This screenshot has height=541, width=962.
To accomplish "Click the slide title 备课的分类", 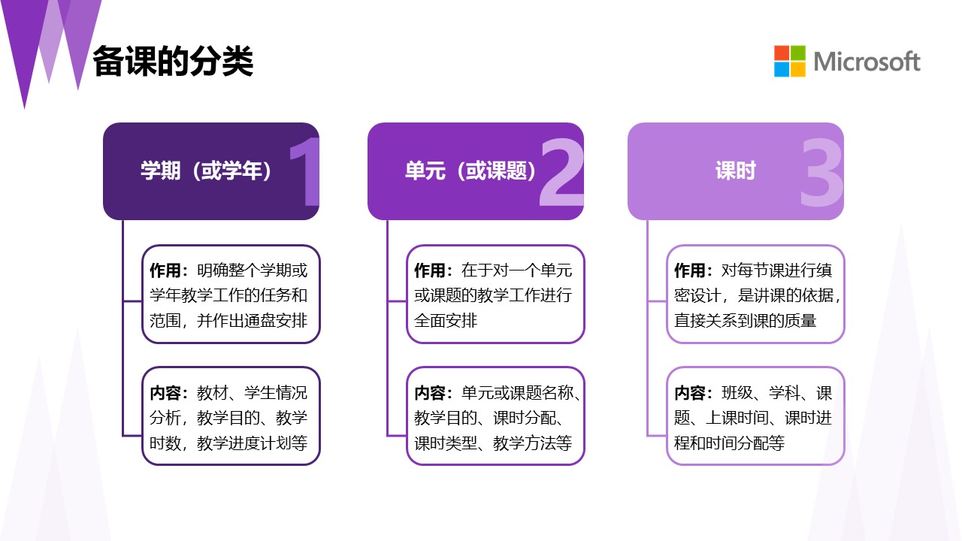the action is [173, 62].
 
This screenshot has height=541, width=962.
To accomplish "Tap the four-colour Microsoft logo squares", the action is [790, 61].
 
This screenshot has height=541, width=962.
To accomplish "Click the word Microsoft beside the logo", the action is [867, 62].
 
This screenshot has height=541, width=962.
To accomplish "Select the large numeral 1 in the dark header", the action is [305, 172].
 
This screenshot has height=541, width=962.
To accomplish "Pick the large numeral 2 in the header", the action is [561, 172].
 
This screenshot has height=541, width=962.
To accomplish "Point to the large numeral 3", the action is [822, 172].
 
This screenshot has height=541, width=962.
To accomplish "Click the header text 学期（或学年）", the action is [206, 171].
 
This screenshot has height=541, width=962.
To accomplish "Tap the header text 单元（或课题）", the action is [470, 171].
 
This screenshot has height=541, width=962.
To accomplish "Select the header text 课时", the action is [736, 171].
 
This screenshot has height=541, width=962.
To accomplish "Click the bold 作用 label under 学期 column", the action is [165, 270].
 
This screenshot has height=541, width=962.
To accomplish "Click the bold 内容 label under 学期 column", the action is [165, 393].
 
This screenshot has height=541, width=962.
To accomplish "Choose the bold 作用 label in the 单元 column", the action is [429, 270].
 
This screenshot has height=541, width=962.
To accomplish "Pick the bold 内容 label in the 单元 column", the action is [429, 393].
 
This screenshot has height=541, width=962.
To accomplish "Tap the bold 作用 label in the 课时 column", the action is [690, 270].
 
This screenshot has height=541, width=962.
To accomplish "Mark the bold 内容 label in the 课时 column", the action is [690, 393].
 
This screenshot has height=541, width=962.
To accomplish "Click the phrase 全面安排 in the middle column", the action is [446, 320].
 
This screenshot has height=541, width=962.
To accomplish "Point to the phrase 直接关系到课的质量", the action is [745, 320].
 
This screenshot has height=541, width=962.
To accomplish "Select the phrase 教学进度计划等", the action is [252, 443].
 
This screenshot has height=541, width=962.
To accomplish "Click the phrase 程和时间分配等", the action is [729, 443].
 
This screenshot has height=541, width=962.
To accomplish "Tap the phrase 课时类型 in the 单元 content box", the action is [446, 443].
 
